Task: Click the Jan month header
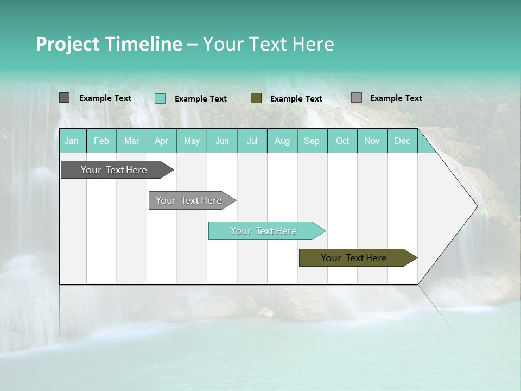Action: (x=72, y=141)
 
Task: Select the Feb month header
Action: (x=101, y=141)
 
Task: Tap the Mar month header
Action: (x=131, y=141)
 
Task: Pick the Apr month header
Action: (x=162, y=141)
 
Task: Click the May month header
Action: (x=192, y=141)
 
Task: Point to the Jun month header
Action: (x=222, y=141)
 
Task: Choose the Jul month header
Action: (x=252, y=141)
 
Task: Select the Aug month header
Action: (x=282, y=141)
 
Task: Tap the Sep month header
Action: (x=312, y=141)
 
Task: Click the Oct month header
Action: (x=342, y=141)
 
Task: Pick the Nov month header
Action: (x=372, y=141)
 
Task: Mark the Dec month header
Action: (x=403, y=141)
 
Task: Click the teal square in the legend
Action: (x=160, y=98)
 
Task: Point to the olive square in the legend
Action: (x=256, y=98)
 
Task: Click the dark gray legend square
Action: (x=65, y=98)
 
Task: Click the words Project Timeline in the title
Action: (x=109, y=44)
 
